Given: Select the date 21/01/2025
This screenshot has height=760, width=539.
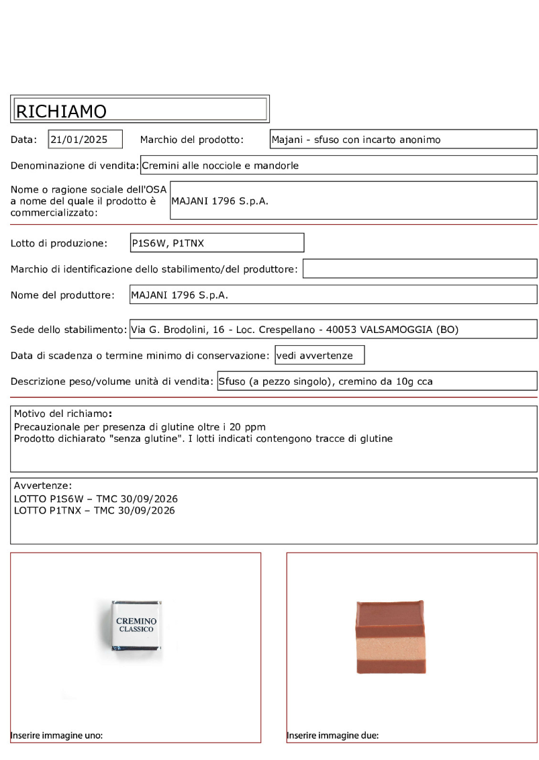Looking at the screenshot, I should point(79,140).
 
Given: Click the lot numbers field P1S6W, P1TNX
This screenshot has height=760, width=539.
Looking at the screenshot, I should point(168,243).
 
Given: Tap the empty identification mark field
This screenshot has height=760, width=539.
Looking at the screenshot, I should point(420,269).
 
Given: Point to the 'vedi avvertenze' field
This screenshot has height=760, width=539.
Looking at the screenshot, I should point(319,355).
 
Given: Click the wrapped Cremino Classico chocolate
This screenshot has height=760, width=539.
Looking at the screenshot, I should point(136,625).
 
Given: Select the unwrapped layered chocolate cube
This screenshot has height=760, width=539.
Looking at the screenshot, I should point(389,636).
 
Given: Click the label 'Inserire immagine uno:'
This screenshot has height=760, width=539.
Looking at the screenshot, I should point(56,735).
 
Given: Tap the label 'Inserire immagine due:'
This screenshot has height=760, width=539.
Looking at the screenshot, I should point(333,735).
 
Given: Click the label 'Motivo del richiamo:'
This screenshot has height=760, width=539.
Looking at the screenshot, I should point(63,414).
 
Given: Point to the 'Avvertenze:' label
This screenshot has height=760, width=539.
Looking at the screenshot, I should point(43,485).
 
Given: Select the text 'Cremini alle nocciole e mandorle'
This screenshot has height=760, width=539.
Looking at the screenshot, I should point(220,165).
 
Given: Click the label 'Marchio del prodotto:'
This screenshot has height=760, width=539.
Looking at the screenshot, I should point(191,140).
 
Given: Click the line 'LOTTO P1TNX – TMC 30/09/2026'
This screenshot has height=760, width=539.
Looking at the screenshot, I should point(95,511).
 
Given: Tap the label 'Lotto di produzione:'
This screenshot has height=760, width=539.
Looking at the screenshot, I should point(59,243).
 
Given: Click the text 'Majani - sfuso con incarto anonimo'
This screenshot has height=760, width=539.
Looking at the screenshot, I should point(356,140).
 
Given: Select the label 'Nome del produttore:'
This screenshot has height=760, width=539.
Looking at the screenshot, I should point(62,295).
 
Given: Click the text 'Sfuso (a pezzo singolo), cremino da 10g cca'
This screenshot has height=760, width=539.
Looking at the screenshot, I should point(326,381).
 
